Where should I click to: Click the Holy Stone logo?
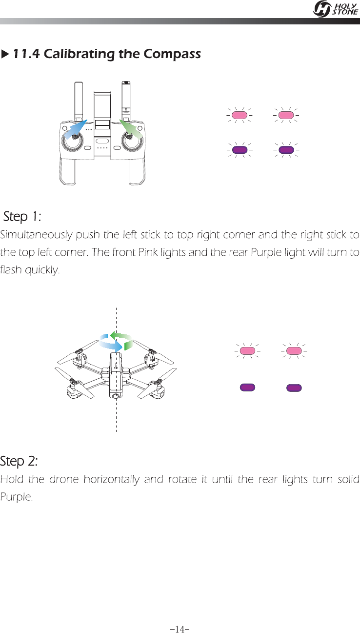click(336, 9)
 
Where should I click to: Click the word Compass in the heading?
click(172, 54)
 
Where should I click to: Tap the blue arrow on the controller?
click(76, 129)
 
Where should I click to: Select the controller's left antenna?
click(79, 102)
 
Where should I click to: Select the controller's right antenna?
click(126, 101)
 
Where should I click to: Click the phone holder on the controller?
click(102, 110)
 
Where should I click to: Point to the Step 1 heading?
click(22, 217)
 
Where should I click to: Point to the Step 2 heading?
click(19, 461)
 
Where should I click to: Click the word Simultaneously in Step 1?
click(36, 235)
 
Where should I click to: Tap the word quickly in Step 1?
click(42, 270)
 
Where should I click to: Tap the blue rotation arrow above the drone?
click(110, 343)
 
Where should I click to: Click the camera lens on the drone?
click(116, 396)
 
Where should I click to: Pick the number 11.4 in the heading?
click(26, 54)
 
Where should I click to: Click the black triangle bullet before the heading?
click(5, 54)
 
